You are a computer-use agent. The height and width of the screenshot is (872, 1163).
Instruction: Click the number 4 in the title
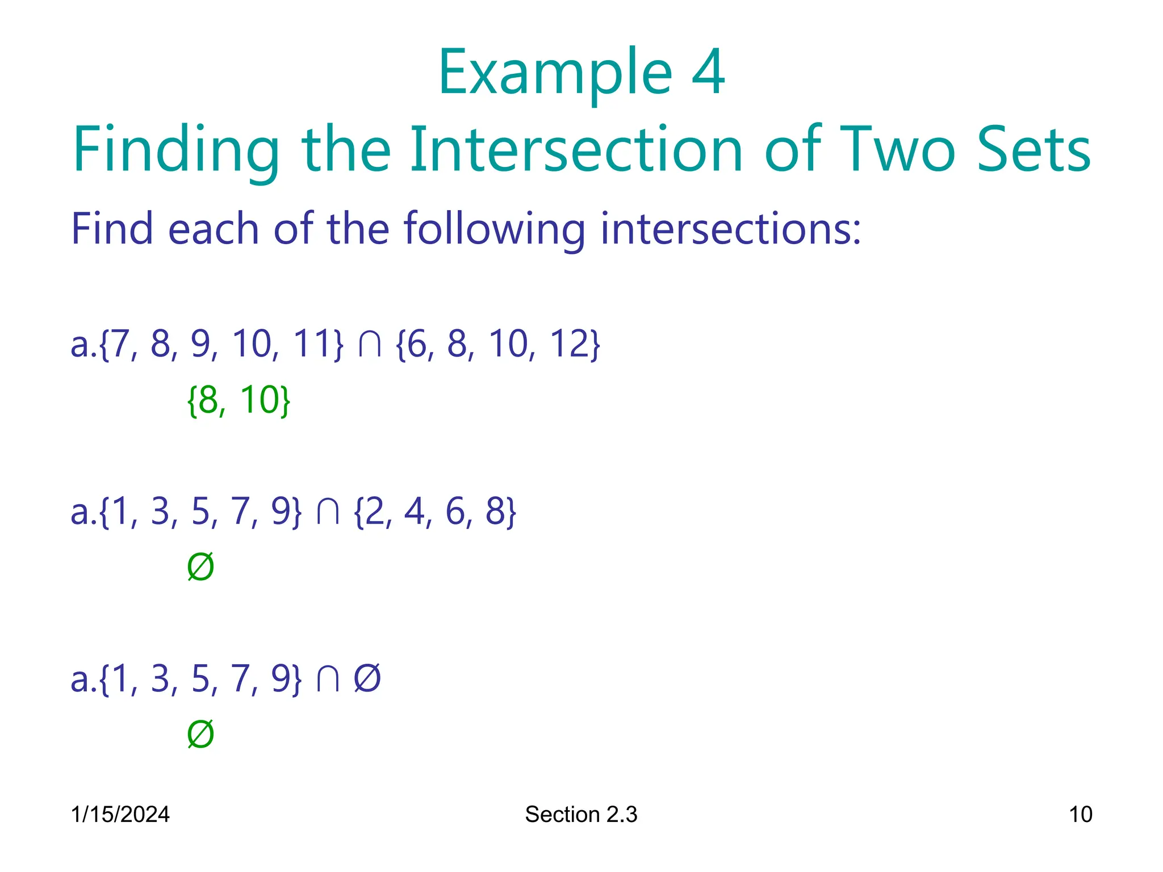click(708, 72)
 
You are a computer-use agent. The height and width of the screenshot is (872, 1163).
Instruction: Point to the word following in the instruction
click(494, 229)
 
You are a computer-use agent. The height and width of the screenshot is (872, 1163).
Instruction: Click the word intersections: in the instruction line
click(731, 229)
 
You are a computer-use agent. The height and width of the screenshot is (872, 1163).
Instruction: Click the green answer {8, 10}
click(239, 400)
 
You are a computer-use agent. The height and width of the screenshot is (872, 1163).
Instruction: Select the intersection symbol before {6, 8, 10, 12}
click(370, 345)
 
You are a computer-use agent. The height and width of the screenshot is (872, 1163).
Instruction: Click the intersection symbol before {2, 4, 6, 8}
click(328, 512)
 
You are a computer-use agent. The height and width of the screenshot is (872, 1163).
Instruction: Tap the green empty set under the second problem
click(200, 567)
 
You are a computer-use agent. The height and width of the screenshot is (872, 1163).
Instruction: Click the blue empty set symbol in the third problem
click(367, 678)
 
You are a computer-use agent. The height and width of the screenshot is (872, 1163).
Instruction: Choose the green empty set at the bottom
click(200, 734)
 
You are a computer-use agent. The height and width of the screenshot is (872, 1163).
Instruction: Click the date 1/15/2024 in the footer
click(120, 814)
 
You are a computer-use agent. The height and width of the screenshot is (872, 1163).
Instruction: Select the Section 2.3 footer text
click(581, 814)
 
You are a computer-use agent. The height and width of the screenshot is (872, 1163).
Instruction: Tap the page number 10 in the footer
click(1080, 814)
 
